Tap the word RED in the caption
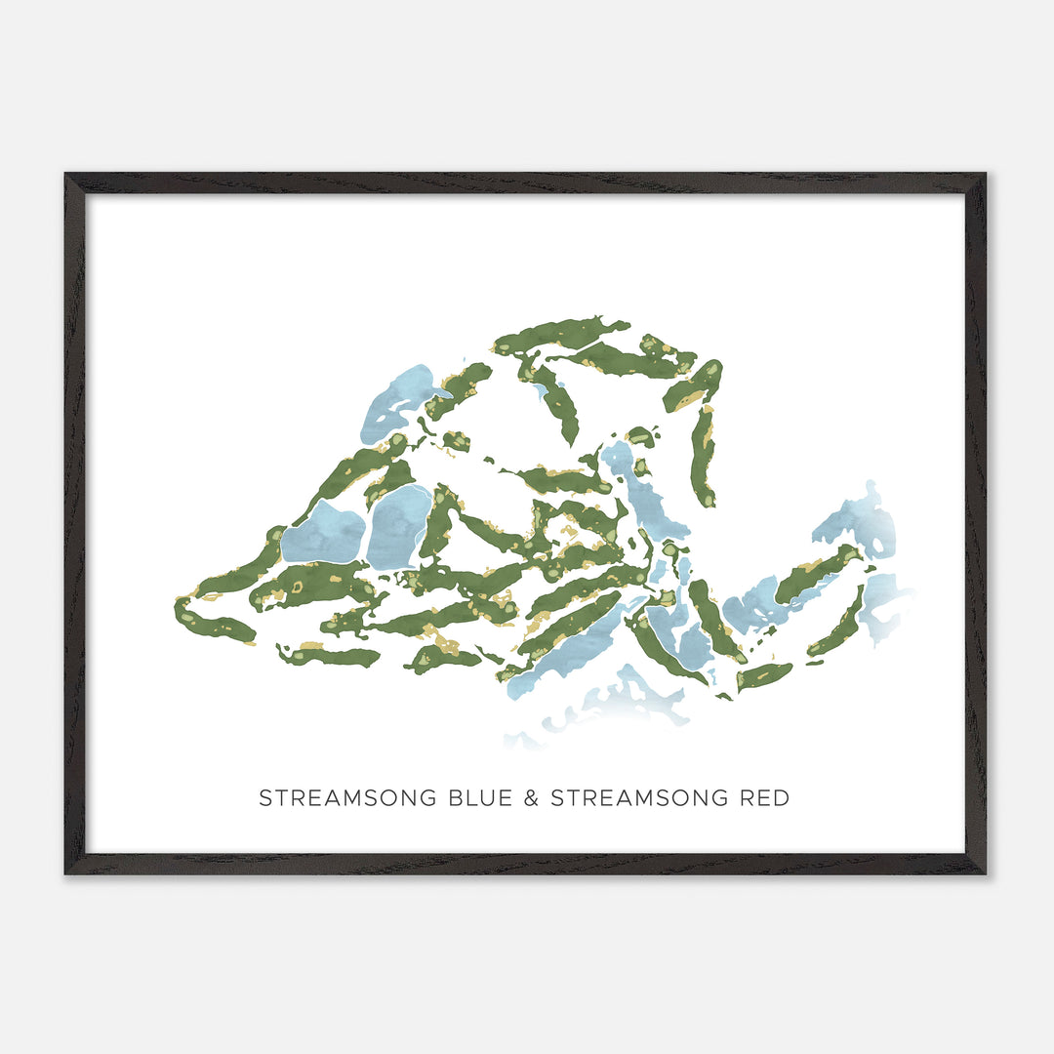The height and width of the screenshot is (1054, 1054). [x=765, y=798]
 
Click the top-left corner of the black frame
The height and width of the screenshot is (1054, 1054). [x=66, y=175]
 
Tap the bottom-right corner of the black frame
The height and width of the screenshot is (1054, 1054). [x=985, y=872]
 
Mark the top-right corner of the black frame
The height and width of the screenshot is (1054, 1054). [x=985, y=175]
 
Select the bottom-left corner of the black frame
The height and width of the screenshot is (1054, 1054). [x=66, y=872]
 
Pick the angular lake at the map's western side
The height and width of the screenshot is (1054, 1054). [x=323, y=534]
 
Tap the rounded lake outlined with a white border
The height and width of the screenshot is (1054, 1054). [x=399, y=527]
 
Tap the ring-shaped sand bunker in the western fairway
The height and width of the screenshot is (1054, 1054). [x=298, y=587]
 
